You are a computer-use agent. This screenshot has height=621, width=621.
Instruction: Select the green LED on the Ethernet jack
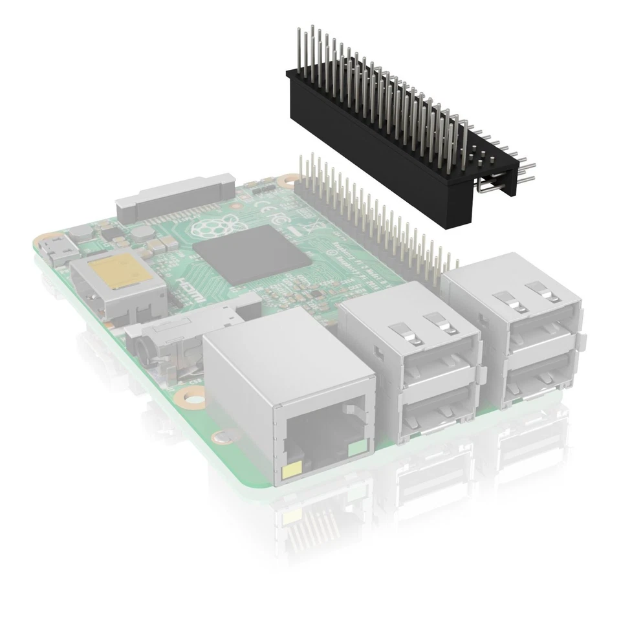pos(356,448)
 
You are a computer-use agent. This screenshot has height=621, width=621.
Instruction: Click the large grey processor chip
pos(252,255)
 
